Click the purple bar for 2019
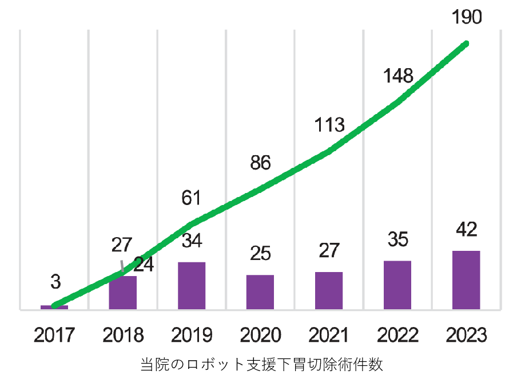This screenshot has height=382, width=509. [192, 286]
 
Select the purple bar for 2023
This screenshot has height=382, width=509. [466, 280]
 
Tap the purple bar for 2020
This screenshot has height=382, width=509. [260, 292]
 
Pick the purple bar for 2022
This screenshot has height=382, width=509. [397, 285]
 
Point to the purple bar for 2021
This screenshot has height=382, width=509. [329, 290]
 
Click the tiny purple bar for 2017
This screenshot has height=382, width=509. [54, 308]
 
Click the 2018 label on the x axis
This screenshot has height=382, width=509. [123, 335]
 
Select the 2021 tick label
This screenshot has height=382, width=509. [329, 335]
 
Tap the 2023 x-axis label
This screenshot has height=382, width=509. [466, 335]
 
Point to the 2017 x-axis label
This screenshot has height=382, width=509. [54, 335]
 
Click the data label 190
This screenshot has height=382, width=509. [467, 17]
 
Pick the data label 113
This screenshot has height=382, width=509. [329, 124]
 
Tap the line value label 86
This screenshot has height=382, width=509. [260, 163]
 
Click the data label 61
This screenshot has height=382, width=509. [192, 198]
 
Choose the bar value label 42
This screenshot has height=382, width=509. [466, 230]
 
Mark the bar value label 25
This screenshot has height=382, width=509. [260, 253]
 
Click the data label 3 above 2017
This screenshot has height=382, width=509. [55, 282]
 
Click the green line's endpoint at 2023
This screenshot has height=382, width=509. [466, 44]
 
